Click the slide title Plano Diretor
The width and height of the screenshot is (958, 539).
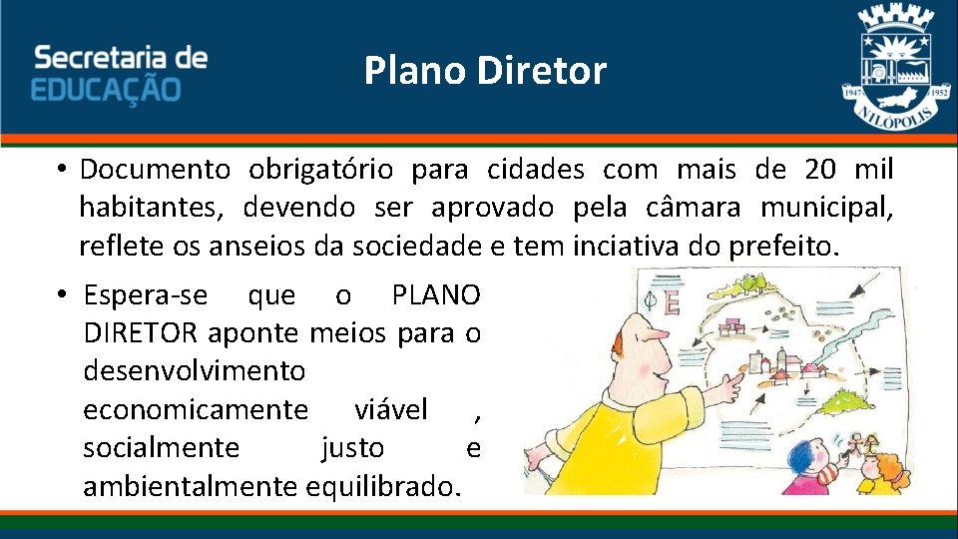point(485,71)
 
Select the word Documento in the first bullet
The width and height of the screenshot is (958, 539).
point(156,170)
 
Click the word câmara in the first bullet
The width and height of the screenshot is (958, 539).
point(708,208)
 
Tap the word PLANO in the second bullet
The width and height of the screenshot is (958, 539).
point(436,295)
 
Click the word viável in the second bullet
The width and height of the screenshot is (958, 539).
point(391,409)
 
